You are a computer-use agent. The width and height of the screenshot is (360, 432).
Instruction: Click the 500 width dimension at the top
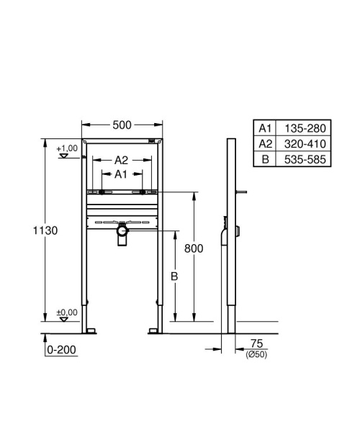point(121,125)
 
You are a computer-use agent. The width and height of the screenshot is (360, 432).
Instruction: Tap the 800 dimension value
point(193,248)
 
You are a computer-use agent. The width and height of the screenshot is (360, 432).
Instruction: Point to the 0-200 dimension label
point(61,350)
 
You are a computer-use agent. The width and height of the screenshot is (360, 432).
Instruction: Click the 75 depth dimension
point(256,344)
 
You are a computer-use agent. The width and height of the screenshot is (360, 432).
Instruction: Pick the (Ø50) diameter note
point(256,354)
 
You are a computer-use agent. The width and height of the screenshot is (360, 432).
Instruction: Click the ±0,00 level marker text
point(67,312)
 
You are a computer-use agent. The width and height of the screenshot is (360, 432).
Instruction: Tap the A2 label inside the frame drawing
point(121,160)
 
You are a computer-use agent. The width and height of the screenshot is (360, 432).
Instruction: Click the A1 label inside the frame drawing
point(121,174)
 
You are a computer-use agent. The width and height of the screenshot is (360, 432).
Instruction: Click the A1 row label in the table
point(265,128)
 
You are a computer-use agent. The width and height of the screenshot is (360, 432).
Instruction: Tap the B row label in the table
point(265,158)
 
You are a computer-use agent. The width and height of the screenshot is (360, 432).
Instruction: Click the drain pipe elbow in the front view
point(121,235)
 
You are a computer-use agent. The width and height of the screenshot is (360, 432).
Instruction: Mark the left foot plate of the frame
point(91,330)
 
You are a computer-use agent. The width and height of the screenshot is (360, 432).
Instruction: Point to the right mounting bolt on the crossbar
point(143,192)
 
